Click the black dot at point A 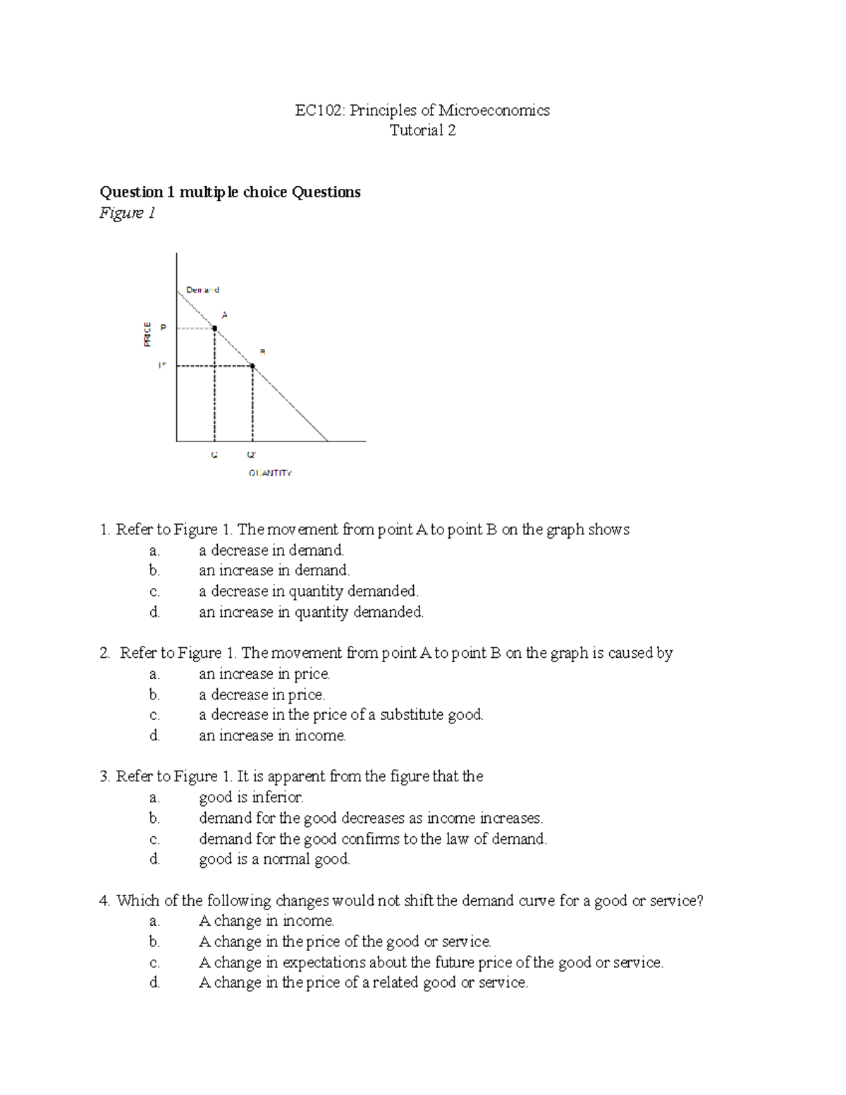click(x=214, y=328)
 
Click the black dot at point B click(x=252, y=366)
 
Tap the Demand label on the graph click(x=202, y=290)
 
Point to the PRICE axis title click(x=147, y=334)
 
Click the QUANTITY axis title click(x=270, y=473)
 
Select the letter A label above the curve click(x=225, y=315)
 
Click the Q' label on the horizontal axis click(x=252, y=455)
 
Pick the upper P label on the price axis click(x=163, y=328)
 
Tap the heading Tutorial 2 click(x=422, y=130)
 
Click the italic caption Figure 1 click(x=127, y=213)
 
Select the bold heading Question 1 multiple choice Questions click(x=230, y=192)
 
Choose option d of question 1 click(x=311, y=612)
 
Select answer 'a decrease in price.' click(x=262, y=695)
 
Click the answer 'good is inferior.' click(x=251, y=797)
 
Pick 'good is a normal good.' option click(x=274, y=859)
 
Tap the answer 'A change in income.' click(x=266, y=921)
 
